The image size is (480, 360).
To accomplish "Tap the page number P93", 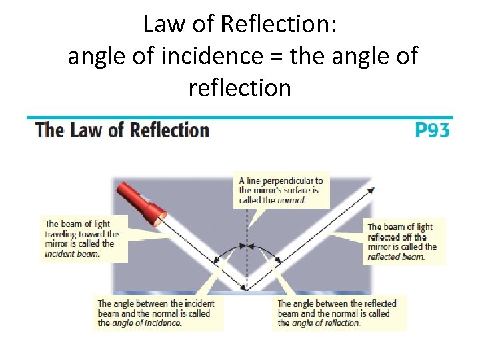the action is click(x=432, y=129).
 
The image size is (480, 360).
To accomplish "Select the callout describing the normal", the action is click(x=281, y=190).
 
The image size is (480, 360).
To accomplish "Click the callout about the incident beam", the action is click(x=81, y=238).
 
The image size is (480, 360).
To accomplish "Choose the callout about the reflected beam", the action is click(x=402, y=241).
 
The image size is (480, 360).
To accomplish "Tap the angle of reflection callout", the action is click(x=337, y=313).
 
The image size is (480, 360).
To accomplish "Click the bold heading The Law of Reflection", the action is click(x=122, y=129).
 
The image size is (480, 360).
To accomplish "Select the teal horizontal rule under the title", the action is click(x=240, y=117).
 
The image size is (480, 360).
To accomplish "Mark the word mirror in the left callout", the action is click(x=58, y=243).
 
